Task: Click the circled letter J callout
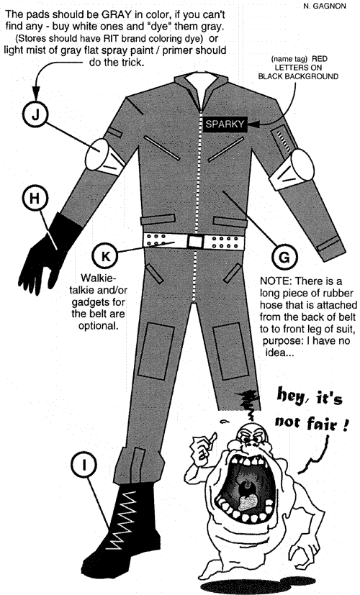tap(35, 114)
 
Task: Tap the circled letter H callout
tap(35, 198)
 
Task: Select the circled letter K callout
tap(105, 255)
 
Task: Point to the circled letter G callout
tap(284, 257)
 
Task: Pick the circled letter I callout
tap(84, 465)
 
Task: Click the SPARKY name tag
tap(225, 124)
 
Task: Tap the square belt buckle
tap(196, 241)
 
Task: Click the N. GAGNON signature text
tap(325, 6)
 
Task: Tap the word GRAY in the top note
tap(115, 14)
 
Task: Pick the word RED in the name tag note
tap(319, 59)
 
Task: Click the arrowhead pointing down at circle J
tap(36, 93)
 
